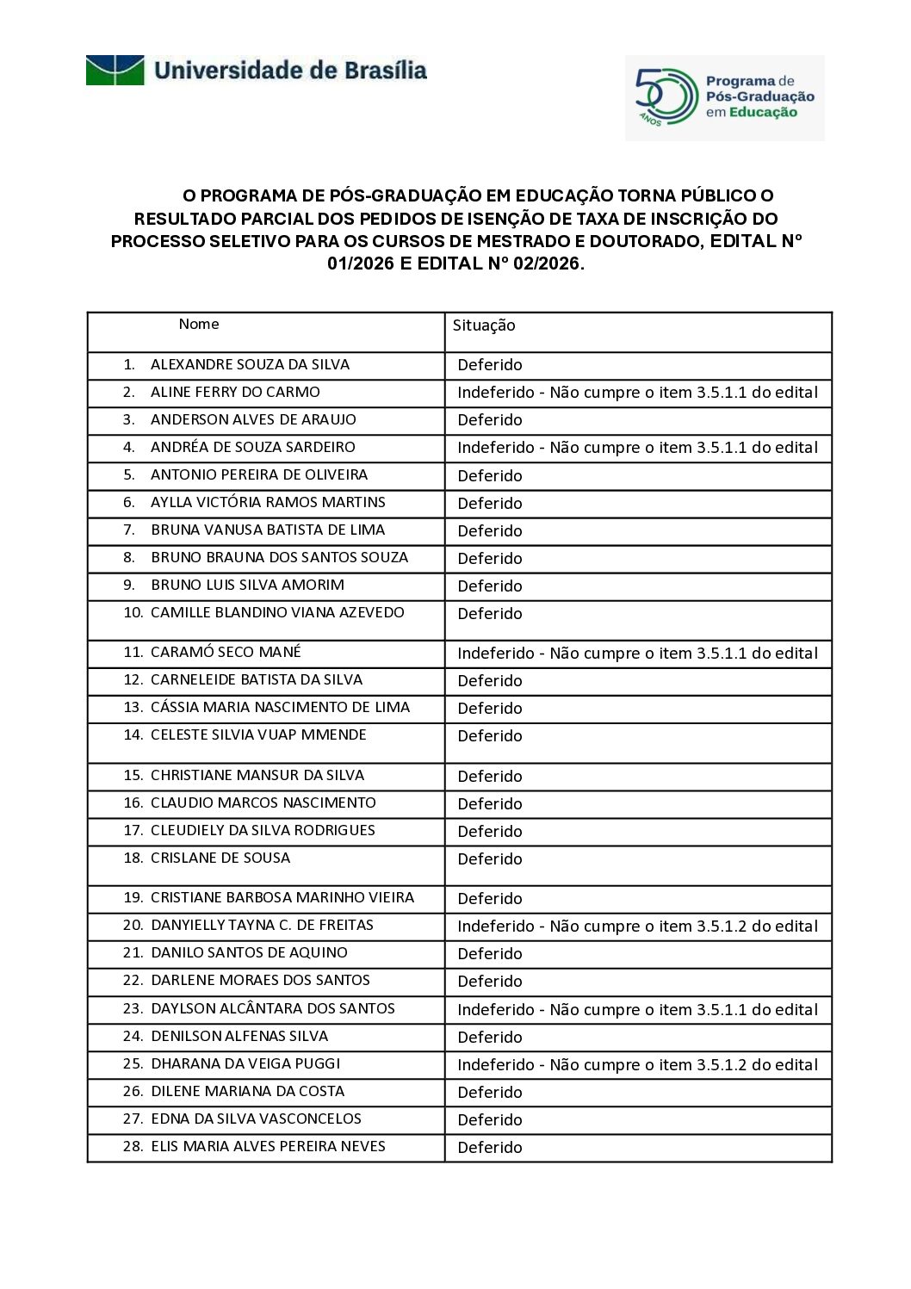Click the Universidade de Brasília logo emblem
pyautogui.click(x=115, y=70)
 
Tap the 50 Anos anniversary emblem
pyautogui.click(x=666, y=96)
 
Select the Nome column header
pyautogui.click(x=199, y=325)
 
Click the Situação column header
pyautogui.click(x=484, y=325)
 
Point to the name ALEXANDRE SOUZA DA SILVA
pyautogui.click(x=250, y=365)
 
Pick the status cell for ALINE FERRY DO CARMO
pyautogui.click(x=637, y=393)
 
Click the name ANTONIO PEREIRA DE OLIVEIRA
pyautogui.click(x=259, y=475)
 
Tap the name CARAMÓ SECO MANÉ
pyautogui.click(x=226, y=653)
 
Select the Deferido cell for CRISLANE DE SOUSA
pyautogui.click(x=490, y=859)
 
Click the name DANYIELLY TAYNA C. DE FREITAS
pyautogui.click(x=262, y=926)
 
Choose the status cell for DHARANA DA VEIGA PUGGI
pyautogui.click(x=637, y=1065)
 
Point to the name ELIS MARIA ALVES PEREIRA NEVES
pyautogui.click(x=268, y=1147)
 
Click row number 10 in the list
pyautogui.click(x=133, y=613)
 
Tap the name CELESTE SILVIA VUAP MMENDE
pyautogui.click(x=258, y=735)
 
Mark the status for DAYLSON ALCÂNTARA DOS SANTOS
pyautogui.click(x=637, y=1010)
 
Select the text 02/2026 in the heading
pyautogui.click(x=546, y=263)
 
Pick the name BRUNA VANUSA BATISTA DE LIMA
pyautogui.click(x=268, y=530)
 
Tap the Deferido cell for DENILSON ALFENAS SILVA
pyautogui.click(x=490, y=1038)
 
